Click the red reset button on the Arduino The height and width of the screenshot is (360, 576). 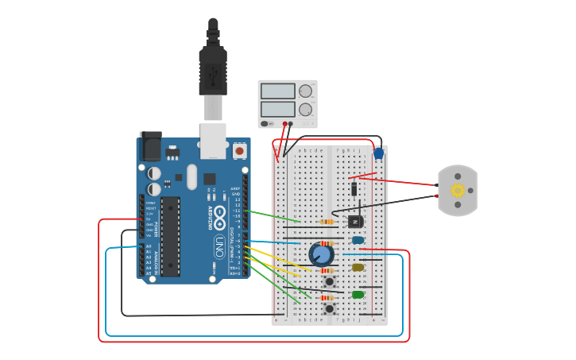pyautogui.click(x=239, y=150)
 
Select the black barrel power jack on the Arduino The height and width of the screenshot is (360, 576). pyautogui.click(x=150, y=145)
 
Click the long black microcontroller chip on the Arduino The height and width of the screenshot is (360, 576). pyautogui.click(x=170, y=236)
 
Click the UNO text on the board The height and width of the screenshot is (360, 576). pyautogui.click(x=219, y=247)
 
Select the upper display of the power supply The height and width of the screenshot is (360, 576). pyautogui.click(x=277, y=91)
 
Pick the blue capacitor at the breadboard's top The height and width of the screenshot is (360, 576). pyautogui.click(x=378, y=153)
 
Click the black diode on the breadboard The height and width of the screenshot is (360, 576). pyautogui.click(x=354, y=188)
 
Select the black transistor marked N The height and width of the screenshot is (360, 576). pyautogui.click(x=354, y=222)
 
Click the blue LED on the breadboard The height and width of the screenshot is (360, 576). pyautogui.click(x=358, y=240)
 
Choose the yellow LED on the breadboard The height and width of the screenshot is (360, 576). pyautogui.click(x=358, y=267)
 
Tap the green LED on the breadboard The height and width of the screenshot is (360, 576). pyautogui.click(x=358, y=295)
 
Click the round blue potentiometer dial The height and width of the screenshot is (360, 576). pyautogui.click(x=321, y=254)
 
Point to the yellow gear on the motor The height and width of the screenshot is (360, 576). pyautogui.click(x=458, y=191)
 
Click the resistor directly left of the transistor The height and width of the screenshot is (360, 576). pyautogui.click(x=326, y=222)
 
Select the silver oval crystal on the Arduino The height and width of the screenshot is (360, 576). pyautogui.click(x=191, y=177)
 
